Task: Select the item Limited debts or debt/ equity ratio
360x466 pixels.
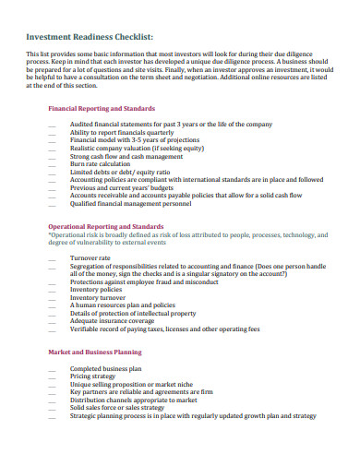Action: tap(120, 172)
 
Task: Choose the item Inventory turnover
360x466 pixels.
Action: tap(100, 297)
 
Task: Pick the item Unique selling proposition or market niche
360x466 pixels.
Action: tap(134, 385)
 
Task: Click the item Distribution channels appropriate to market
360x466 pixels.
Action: tap(134, 400)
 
